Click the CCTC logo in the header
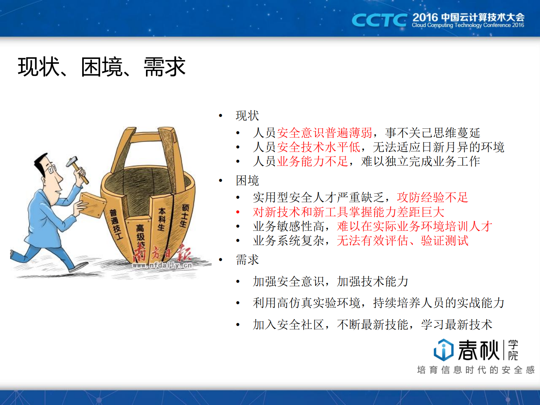[379, 20]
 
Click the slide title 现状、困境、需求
[101, 67]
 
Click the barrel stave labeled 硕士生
[184, 215]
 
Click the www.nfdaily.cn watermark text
[162, 265]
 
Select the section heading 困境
[247, 181]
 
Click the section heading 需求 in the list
[247, 259]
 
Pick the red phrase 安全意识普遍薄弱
[325, 132]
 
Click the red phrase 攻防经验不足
[432, 197]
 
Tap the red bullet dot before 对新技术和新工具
[238, 212]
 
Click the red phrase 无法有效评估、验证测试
[402, 241]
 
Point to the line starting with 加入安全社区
[372, 324]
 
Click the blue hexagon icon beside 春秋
[443, 350]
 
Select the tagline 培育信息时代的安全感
[475, 370]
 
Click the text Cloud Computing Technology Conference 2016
[468, 26]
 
